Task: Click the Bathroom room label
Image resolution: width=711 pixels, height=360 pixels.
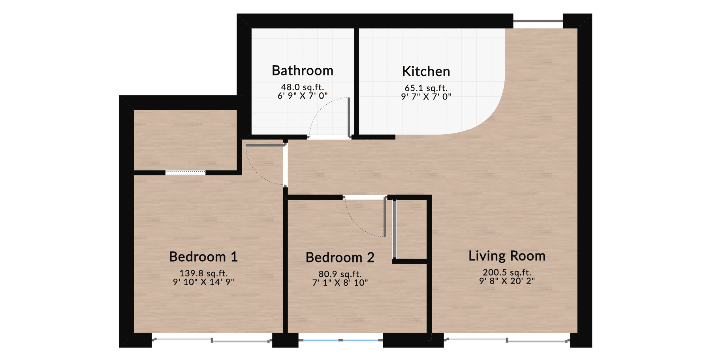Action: tap(303, 71)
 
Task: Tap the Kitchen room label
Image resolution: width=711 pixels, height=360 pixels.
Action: tap(426, 71)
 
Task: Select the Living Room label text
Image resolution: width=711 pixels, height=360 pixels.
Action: tap(507, 256)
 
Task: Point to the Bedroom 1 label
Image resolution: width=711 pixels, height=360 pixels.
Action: tap(203, 257)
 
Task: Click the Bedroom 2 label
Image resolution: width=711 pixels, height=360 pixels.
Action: tap(340, 257)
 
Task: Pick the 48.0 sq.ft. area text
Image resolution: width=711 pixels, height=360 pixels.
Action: tap(303, 87)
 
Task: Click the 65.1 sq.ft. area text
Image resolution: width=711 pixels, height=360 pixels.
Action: tap(426, 88)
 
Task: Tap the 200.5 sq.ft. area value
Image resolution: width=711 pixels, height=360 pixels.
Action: tap(507, 272)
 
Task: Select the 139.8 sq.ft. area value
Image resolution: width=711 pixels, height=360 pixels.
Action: tap(203, 273)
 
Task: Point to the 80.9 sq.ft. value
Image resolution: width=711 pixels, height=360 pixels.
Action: tap(340, 274)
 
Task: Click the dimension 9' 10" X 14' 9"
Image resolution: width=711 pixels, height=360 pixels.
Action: tap(203, 282)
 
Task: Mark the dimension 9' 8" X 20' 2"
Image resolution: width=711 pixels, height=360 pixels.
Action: tap(507, 281)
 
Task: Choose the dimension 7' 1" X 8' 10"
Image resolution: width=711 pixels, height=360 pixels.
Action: tap(340, 283)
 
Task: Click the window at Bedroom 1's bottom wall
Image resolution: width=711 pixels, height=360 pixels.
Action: tap(212, 340)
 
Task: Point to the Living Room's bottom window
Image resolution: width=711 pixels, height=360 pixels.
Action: tap(507, 340)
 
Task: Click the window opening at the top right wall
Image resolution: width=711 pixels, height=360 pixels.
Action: tap(538, 21)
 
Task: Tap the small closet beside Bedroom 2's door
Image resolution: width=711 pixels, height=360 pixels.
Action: tap(411, 229)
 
